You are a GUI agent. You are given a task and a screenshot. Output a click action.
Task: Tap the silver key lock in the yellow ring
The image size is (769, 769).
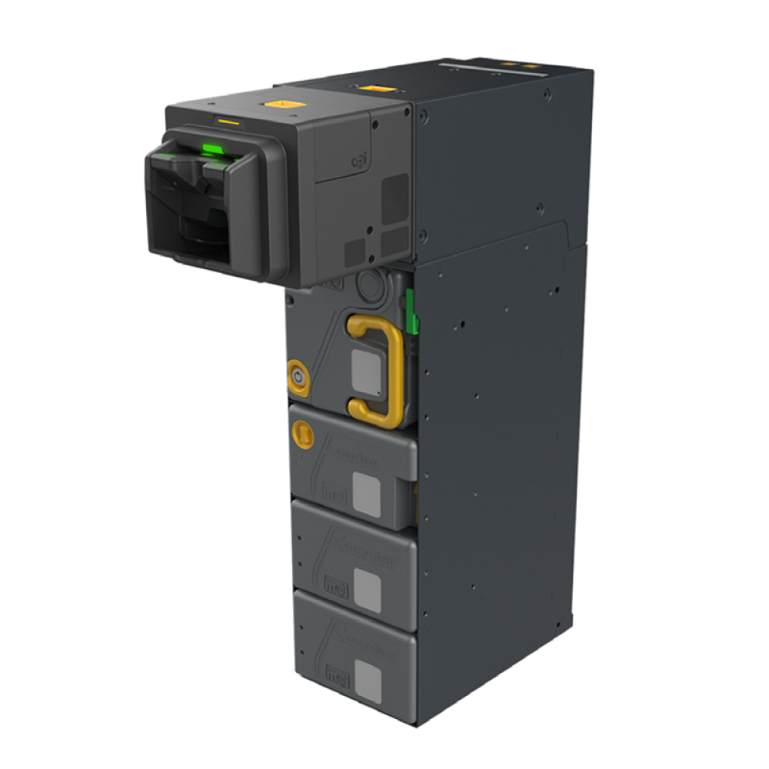298,376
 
